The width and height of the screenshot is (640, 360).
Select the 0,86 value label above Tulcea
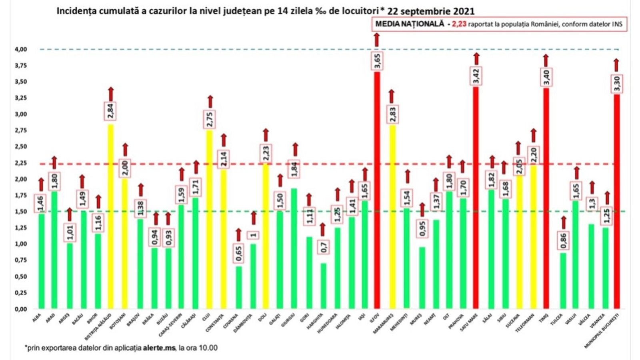564,239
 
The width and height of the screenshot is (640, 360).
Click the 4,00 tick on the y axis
21,49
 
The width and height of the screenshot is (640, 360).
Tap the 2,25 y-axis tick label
21,163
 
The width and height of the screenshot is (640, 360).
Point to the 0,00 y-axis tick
21,309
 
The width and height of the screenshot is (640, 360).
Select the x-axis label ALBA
37,317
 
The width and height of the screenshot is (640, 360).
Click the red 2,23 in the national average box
459,24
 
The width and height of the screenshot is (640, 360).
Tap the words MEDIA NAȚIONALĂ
410,24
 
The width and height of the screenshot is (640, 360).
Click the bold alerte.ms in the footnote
159,348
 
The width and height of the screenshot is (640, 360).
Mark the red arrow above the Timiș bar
546,60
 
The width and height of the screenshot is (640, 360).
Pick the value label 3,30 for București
617,83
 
